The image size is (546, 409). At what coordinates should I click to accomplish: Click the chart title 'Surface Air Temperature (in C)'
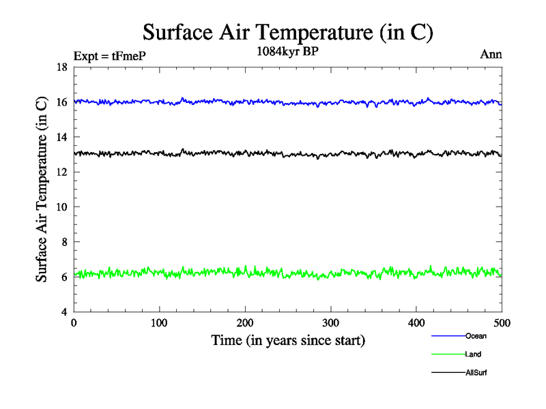point(287,32)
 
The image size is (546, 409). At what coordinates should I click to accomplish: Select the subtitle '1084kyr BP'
point(287,51)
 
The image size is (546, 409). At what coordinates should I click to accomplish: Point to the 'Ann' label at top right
point(490,55)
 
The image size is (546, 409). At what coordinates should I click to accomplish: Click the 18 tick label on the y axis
point(61,67)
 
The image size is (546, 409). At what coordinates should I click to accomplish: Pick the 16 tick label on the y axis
point(61,102)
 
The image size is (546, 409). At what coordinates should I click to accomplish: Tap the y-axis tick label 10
point(61,207)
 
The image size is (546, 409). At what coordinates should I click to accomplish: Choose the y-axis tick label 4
point(63,312)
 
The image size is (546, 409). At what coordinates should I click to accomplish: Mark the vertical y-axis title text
point(42,189)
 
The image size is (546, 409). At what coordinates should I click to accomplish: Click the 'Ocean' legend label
point(476,336)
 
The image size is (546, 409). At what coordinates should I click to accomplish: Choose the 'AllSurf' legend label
point(476,373)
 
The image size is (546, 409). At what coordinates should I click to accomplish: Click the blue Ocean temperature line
point(205,102)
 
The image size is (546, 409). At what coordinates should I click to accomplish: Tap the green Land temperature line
point(205,274)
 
